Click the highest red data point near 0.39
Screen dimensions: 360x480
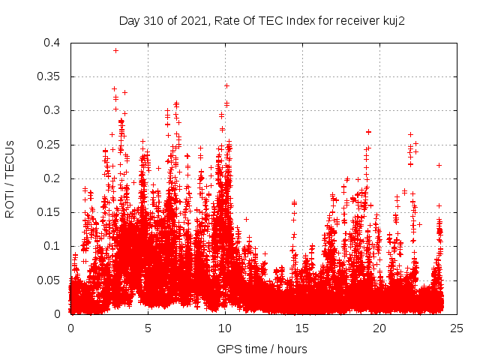(x=115, y=50)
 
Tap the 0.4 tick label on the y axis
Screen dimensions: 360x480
(x=52, y=43)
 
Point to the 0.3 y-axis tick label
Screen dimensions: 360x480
(x=52, y=110)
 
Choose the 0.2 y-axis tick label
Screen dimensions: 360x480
(x=52, y=178)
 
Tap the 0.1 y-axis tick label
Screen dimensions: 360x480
(x=52, y=246)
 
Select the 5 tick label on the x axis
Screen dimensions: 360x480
(x=148, y=328)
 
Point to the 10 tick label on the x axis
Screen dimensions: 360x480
(x=225, y=328)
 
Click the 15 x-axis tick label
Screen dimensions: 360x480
(x=302, y=328)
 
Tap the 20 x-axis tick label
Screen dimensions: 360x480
(x=379, y=328)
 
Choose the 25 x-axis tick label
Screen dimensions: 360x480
(x=457, y=328)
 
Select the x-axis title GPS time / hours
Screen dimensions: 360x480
(x=262, y=349)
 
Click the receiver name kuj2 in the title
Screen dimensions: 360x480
(x=392, y=20)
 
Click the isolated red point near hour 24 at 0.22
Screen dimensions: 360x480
(x=439, y=165)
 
